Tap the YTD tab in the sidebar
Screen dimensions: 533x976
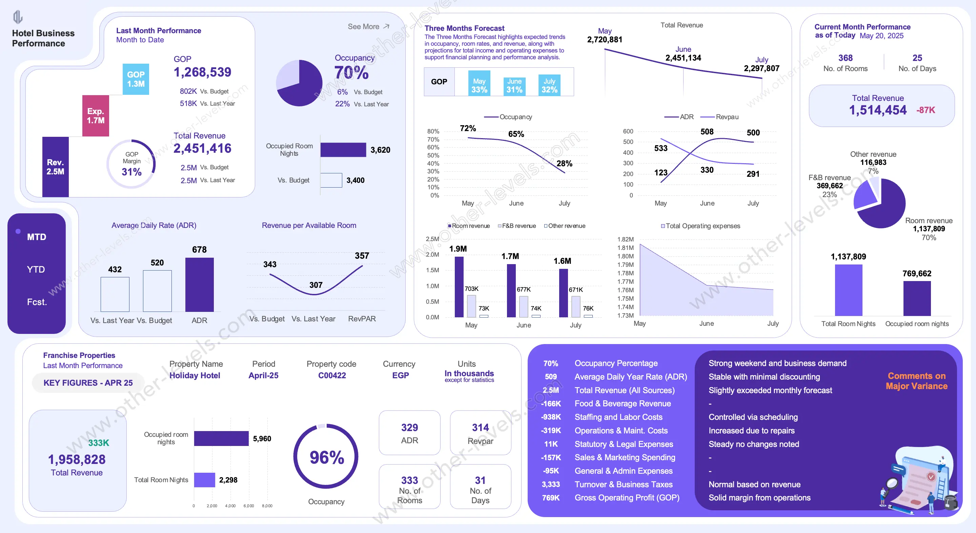tap(36, 270)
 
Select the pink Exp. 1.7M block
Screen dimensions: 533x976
tap(96, 116)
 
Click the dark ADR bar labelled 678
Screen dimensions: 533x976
tap(199, 285)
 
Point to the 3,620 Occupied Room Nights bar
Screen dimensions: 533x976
tap(343, 150)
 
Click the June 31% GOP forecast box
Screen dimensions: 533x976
tap(514, 86)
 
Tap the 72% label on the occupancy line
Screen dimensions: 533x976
tap(468, 128)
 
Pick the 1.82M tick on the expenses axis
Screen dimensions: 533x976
tap(625, 239)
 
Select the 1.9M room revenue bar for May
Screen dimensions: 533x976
tap(459, 286)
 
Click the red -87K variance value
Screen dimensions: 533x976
tap(926, 110)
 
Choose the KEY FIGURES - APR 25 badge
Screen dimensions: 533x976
tap(88, 383)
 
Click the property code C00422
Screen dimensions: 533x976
tap(332, 376)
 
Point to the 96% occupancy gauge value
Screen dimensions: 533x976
tap(327, 457)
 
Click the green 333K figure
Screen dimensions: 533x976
tap(99, 443)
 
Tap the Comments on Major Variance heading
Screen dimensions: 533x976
tap(916, 381)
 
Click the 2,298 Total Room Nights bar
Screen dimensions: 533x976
tap(205, 480)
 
